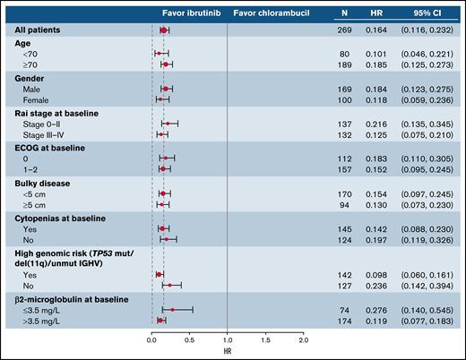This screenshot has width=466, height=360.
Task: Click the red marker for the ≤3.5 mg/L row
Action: [172, 310]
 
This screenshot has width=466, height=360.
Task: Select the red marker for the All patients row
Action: [163, 30]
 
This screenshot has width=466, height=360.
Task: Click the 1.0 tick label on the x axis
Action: [227, 341]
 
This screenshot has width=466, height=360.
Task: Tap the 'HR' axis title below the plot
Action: [227, 352]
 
